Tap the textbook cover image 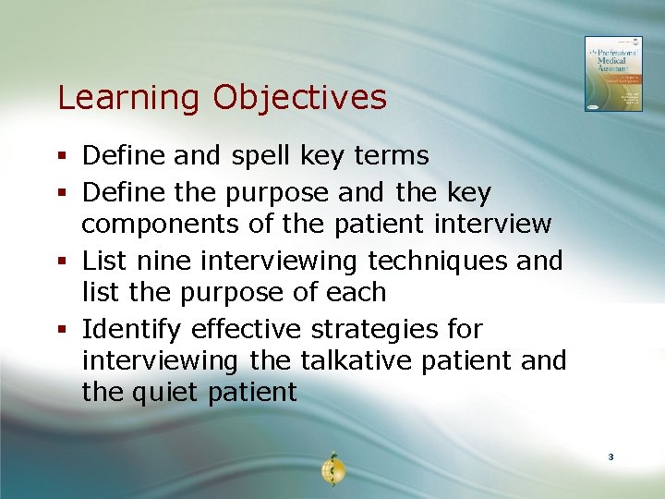pyautogui.click(x=612, y=74)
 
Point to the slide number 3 pyautogui.click(x=611, y=457)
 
